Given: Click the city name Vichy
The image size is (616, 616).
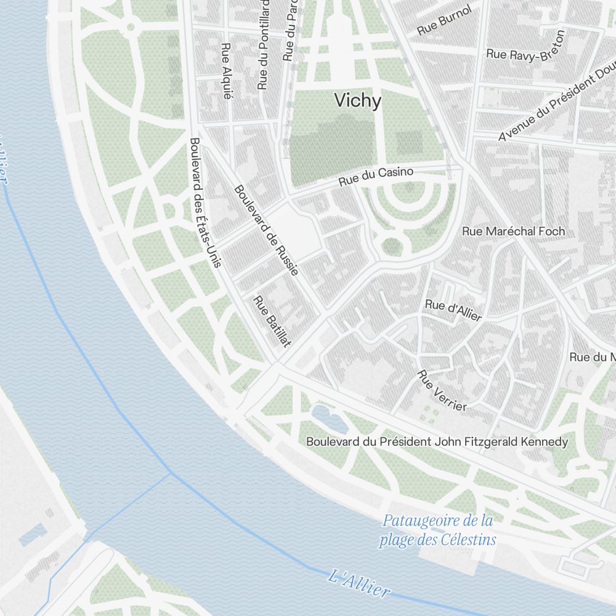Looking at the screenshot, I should [x=357, y=100].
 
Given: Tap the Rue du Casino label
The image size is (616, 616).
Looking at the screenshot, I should [x=376, y=177].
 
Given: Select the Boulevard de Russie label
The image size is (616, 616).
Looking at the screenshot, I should [x=266, y=230].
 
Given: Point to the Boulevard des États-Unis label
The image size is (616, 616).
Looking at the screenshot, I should [x=205, y=203].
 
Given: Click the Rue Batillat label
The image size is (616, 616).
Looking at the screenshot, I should [x=272, y=321].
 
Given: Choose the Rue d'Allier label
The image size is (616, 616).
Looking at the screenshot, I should [x=453, y=309].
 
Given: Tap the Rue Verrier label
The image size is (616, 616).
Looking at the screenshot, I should [x=442, y=390].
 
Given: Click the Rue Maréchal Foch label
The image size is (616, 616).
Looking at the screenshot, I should [x=513, y=232].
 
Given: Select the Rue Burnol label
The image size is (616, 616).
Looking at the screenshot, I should [x=444, y=20].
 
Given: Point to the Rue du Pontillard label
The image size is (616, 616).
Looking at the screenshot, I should [x=264, y=44].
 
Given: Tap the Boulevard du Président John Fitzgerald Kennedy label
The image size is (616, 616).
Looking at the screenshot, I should [x=437, y=442].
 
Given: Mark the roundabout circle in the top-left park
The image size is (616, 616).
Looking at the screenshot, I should [x=130, y=26].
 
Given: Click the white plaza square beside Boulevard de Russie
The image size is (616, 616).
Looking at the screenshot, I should [x=294, y=231].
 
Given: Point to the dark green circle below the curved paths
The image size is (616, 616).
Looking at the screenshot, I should [x=391, y=247].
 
